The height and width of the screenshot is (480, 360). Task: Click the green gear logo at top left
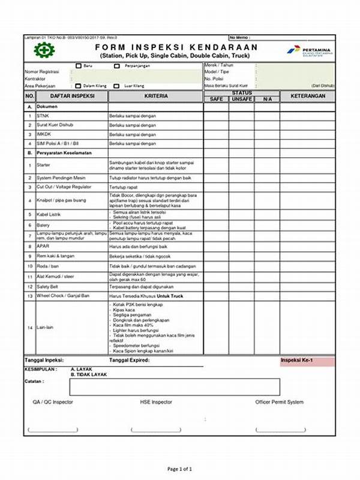[44, 50]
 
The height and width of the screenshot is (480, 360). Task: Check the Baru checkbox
[79, 65]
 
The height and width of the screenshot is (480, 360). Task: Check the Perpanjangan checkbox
[117, 65]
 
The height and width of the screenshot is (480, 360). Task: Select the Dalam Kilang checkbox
[79, 86]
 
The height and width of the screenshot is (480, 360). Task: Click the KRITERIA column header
[156, 96]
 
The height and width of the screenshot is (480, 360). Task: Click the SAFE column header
[215, 99]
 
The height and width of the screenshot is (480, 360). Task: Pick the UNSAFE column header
[241, 99]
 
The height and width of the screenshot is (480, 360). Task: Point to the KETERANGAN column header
[307, 96]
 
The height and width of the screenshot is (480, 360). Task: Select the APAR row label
[43, 247]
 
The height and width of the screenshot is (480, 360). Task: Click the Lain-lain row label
[45, 328]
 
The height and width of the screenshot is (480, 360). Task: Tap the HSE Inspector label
[156, 402]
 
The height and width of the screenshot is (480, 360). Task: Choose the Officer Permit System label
[280, 402]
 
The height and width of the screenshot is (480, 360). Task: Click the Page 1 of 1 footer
[179, 469]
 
